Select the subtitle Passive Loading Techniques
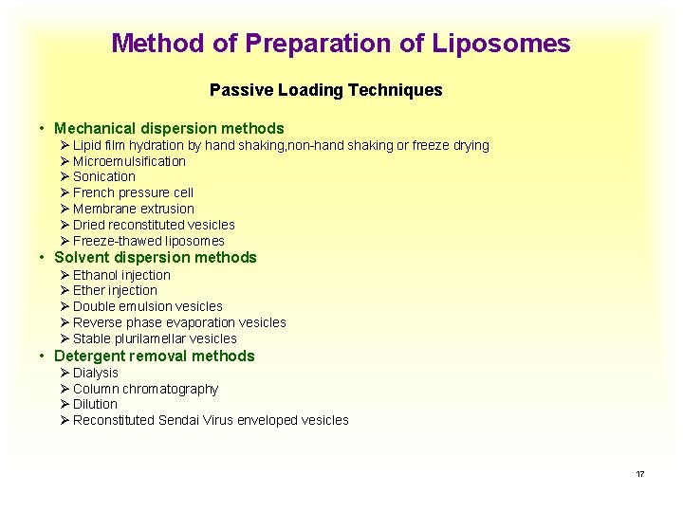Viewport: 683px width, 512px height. [325, 90]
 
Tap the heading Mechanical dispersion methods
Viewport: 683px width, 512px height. [169, 128]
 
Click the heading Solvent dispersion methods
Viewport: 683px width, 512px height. [156, 257]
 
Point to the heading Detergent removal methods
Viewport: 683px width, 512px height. [155, 356]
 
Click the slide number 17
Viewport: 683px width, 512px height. [640, 473]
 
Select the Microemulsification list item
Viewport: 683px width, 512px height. [129, 161]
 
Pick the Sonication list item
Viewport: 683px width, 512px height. [104, 176]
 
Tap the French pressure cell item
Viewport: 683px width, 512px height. [133, 192]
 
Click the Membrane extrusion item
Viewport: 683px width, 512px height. [133, 209]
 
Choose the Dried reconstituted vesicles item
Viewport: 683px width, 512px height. [154, 225]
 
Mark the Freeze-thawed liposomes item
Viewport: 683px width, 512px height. [148, 241]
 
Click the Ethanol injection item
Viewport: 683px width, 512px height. [121, 275]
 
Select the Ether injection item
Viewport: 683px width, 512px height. [115, 290]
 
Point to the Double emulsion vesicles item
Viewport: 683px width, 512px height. [147, 306]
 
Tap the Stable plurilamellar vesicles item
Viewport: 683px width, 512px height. [155, 338]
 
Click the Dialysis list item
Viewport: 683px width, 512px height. [96, 373]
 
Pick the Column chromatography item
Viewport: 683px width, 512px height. [145, 389]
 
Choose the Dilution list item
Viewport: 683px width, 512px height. [95, 404]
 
